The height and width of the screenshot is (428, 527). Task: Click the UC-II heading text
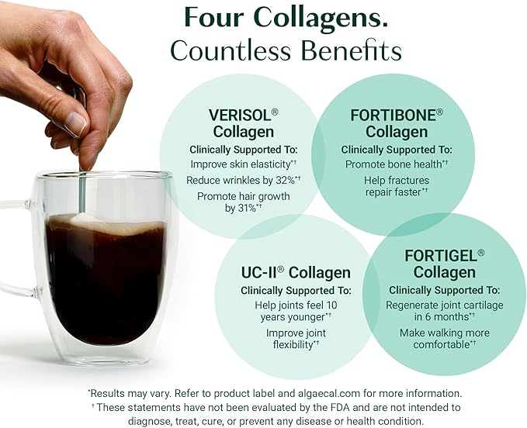click(260, 273)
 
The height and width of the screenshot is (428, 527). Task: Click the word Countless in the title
click(233, 51)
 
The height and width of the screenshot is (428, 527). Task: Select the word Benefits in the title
click(355, 51)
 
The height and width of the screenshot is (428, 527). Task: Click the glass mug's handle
click(17, 248)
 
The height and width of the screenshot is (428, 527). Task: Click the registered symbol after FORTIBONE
click(439, 112)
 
